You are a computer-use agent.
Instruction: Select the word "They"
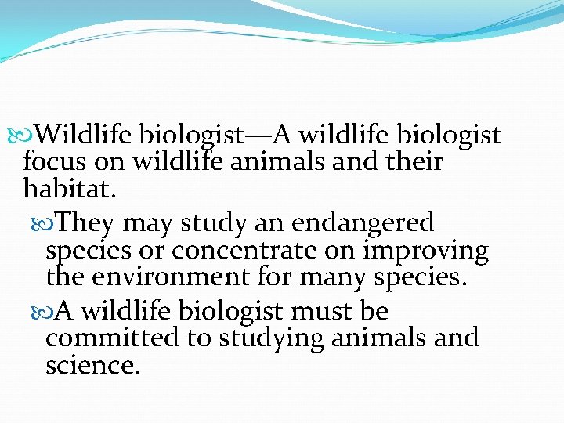[x=86, y=223]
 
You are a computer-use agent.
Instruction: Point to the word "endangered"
[x=363, y=223]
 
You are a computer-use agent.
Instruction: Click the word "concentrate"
[x=235, y=251]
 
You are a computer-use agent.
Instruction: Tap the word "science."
[x=93, y=364]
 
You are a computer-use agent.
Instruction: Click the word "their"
[x=410, y=163]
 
